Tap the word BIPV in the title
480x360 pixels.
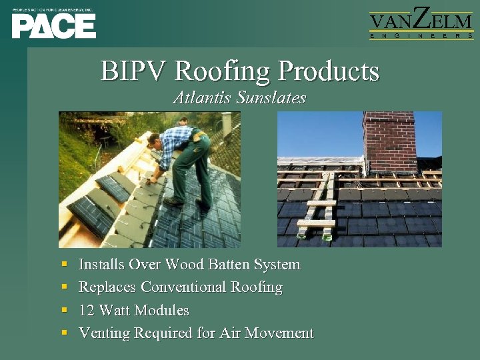point(134,71)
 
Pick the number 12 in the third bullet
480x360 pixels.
point(87,310)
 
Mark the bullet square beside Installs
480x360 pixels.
point(63,265)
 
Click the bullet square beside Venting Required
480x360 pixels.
point(63,333)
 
